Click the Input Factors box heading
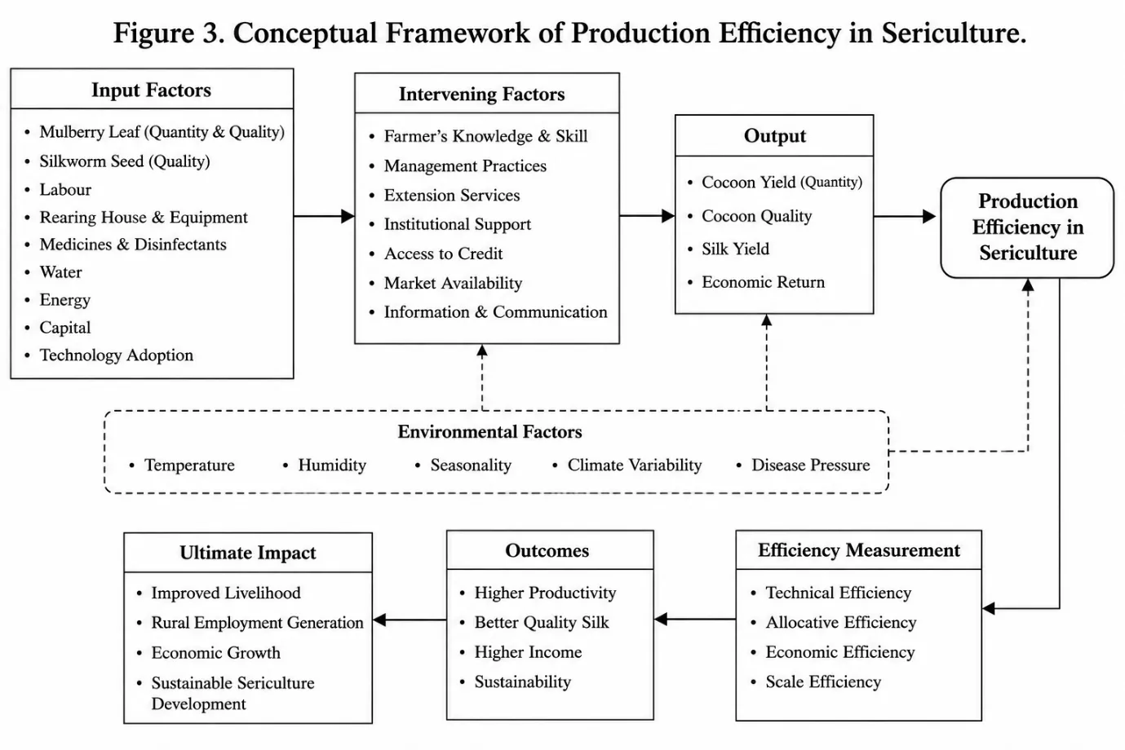point(151,90)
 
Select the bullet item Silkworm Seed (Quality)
point(125,161)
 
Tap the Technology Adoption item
point(116,355)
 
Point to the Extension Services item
point(451,196)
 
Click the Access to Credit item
point(443,254)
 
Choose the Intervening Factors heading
point(481,95)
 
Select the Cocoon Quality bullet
point(756,216)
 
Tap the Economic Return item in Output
point(763,282)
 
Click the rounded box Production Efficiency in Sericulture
point(1027,227)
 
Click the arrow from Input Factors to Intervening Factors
point(324,216)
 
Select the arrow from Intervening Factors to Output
point(648,216)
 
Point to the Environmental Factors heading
point(489,432)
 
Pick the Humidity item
point(332,465)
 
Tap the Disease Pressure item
point(810,465)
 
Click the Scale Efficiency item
point(823,682)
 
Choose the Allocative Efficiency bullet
point(841,623)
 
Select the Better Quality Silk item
point(542,623)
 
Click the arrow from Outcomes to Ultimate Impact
point(410,620)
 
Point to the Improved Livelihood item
point(226,593)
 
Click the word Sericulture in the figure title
point(954,33)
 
